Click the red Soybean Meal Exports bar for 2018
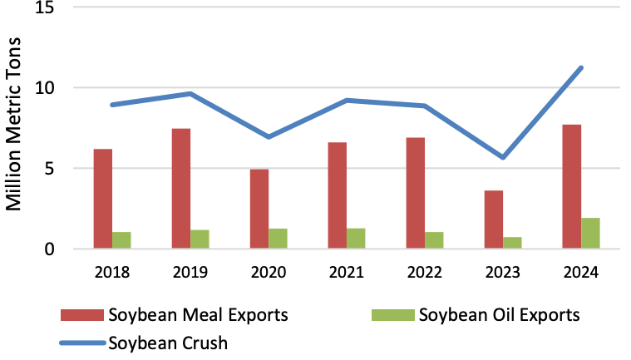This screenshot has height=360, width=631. click(x=103, y=199)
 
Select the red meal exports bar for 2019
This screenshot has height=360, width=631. click(x=181, y=189)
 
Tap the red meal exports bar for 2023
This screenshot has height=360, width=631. click(x=494, y=219)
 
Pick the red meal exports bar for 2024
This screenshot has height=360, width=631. click(x=572, y=186)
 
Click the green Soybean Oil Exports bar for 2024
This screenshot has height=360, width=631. click(x=590, y=233)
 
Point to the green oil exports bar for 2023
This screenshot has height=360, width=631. click(x=512, y=243)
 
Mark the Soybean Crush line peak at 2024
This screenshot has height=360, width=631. click(x=581, y=68)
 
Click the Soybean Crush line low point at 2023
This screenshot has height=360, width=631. click(x=503, y=157)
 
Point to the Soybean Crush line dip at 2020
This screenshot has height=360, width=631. click(x=269, y=136)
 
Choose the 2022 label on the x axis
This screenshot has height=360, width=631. click(x=425, y=271)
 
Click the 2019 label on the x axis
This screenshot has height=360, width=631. click(x=190, y=271)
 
